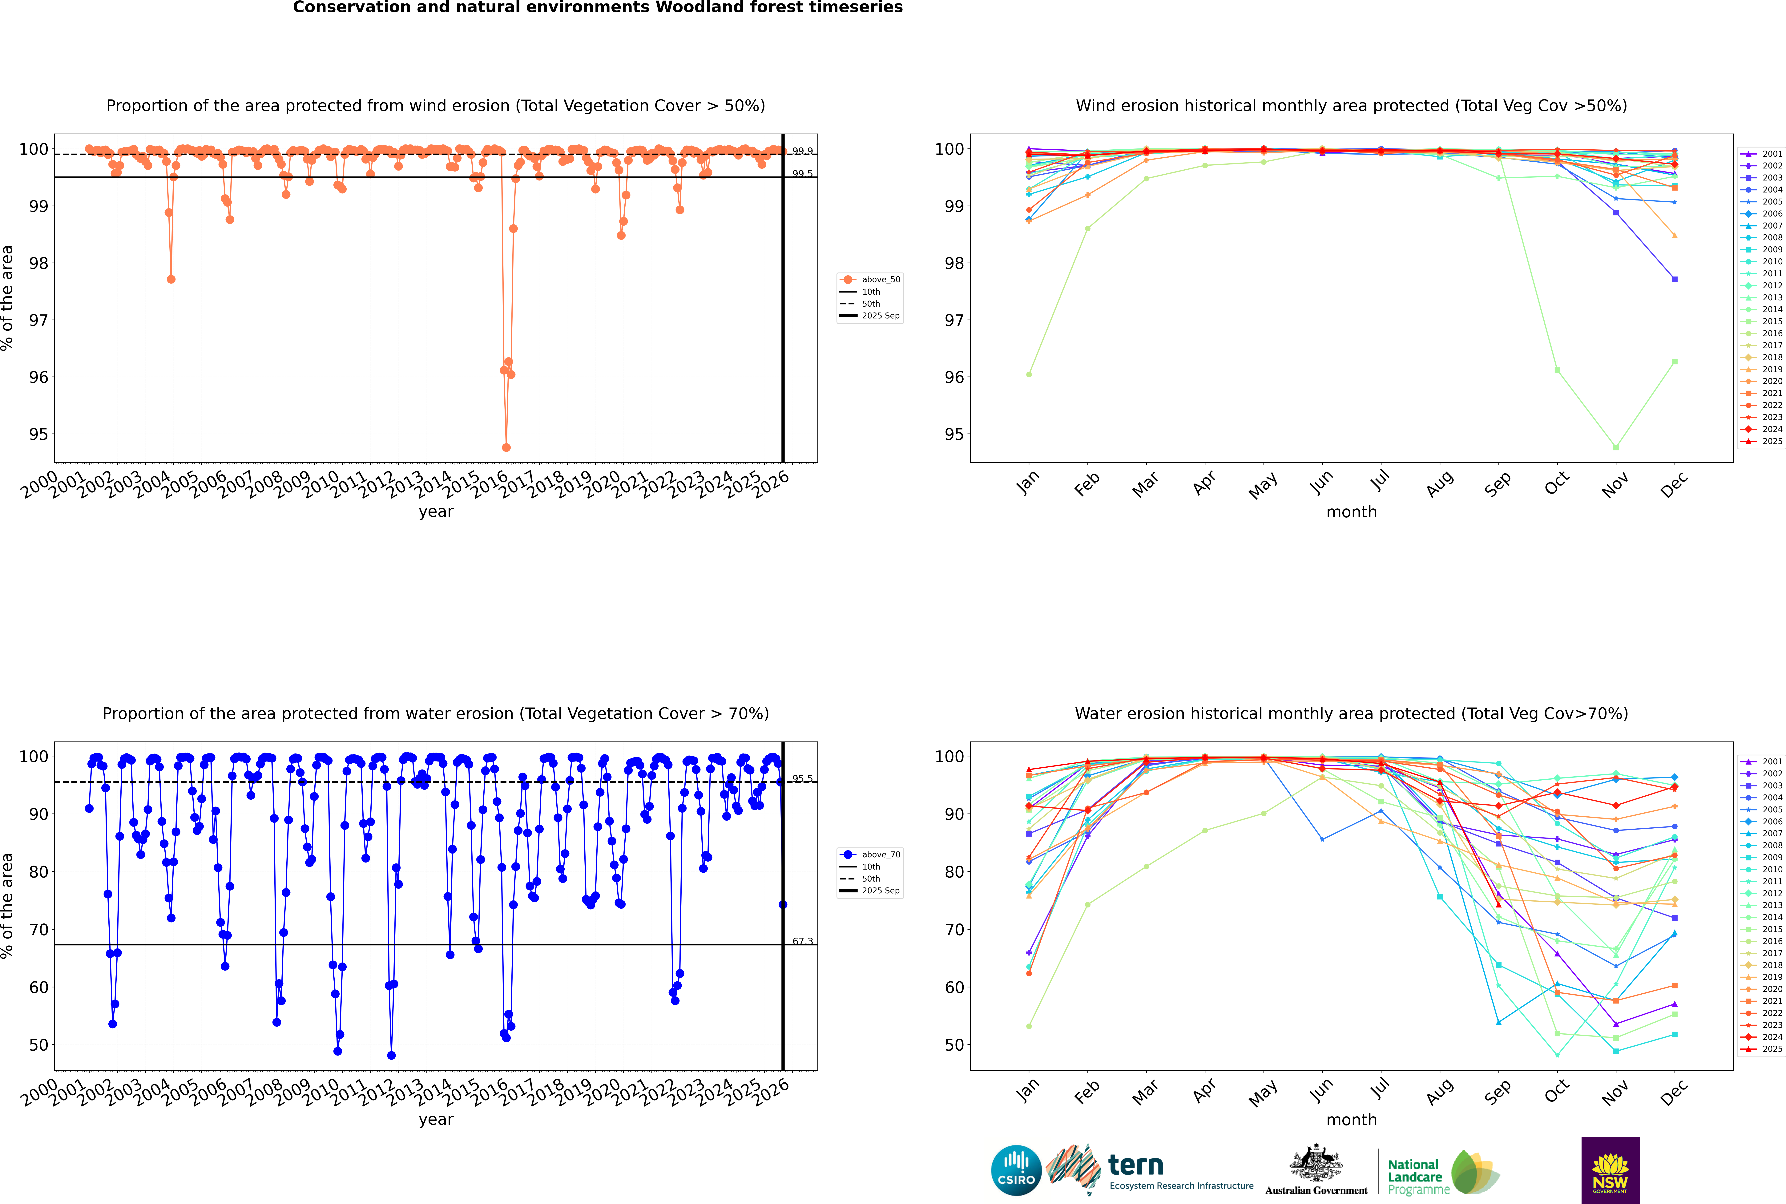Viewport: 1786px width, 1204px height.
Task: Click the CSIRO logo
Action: [x=1016, y=1170]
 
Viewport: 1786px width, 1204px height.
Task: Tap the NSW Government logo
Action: [x=1610, y=1170]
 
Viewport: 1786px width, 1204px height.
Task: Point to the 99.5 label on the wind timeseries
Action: [x=802, y=174]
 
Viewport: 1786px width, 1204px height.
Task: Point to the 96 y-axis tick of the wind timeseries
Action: [x=38, y=377]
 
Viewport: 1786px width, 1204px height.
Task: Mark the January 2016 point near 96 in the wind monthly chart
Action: [x=1029, y=375]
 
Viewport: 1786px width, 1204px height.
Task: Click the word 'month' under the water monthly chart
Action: [x=1351, y=1120]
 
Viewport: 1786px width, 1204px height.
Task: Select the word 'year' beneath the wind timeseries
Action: [x=436, y=511]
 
